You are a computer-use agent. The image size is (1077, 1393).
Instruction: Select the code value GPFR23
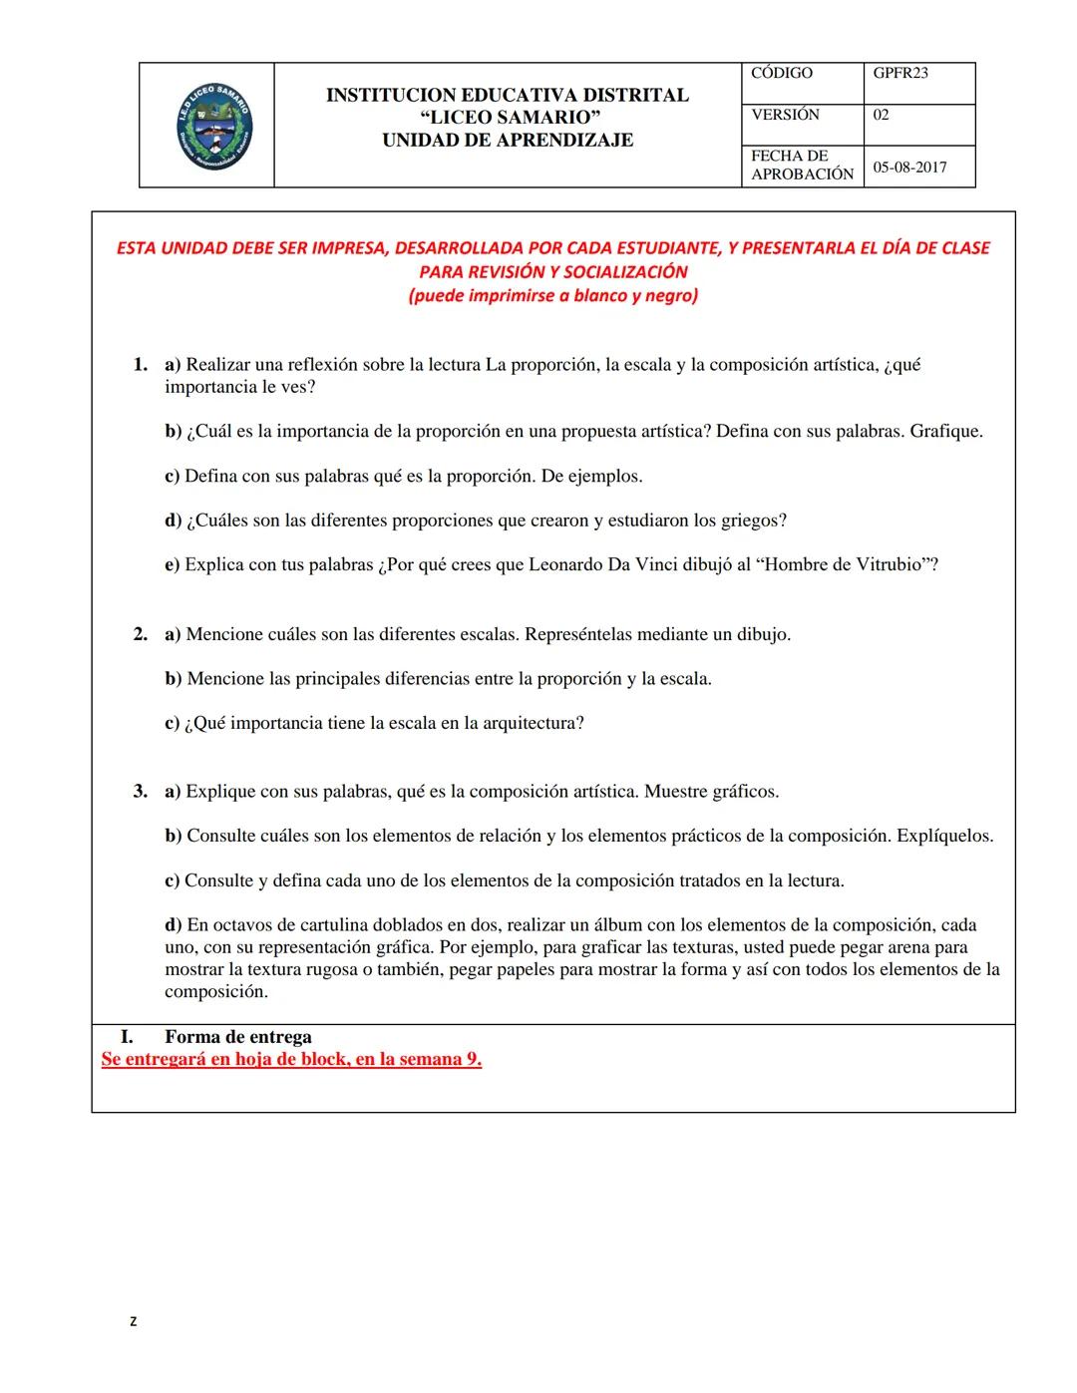tap(899, 74)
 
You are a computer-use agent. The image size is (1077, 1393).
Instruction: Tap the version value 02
tap(881, 115)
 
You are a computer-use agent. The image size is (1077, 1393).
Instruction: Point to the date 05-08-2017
tap(909, 168)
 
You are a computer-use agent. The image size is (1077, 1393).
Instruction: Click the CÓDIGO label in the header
tap(781, 74)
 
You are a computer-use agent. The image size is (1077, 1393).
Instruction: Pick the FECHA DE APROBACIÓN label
tap(802, 166)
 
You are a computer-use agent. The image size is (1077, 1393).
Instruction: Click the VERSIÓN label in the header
tap(785, 115)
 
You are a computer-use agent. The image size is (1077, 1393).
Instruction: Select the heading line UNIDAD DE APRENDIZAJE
tap(508, 141)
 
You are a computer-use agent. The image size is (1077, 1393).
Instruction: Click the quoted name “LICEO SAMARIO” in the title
tap(508, 118)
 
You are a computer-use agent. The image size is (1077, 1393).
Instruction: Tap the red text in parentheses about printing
tap(552, 296)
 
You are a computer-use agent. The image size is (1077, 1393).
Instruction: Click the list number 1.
tap(141, 365)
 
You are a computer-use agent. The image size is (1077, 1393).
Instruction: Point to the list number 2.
tap(141, 634)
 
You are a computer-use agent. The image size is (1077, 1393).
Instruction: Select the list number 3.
tap(141, 792)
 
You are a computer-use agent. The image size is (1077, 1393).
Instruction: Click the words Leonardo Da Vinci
tap(602, 565)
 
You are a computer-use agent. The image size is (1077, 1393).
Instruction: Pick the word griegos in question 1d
tap(752, 521)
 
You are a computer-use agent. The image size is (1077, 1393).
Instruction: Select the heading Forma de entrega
tap(237, 1037)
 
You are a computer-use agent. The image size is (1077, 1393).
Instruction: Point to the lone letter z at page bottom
tap(134, 1322)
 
